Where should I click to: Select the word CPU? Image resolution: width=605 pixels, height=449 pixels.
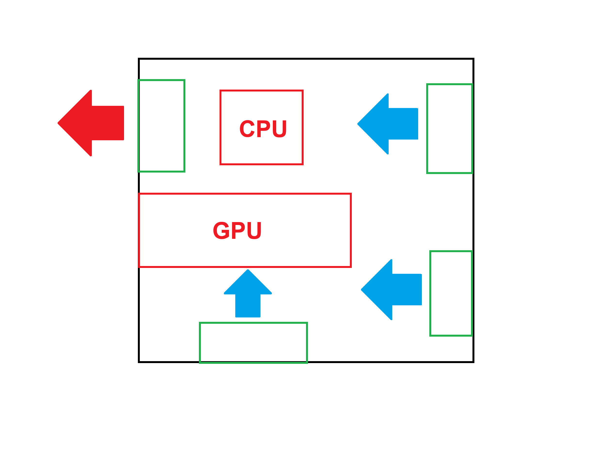coord(263,129)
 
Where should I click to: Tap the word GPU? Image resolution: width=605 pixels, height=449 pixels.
coord(237,231)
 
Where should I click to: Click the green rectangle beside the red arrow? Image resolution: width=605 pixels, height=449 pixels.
coord(161,126)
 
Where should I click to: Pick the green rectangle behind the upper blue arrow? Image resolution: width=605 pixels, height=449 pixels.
coord(449,129)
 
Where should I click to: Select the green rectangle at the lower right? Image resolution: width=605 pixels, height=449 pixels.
coord(451,293)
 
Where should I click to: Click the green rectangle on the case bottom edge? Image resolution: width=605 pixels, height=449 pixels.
coord(253,343)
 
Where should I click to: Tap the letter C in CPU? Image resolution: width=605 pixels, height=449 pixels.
coord(247,129)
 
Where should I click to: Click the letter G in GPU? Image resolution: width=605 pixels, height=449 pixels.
coord(221,231)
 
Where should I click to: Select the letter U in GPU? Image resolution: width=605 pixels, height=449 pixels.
coord(254,231)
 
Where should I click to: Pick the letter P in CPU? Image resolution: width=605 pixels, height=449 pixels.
coord(263,129)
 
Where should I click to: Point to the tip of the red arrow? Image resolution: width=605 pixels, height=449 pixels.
coord(58,123)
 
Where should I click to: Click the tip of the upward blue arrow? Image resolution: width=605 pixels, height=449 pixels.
coord(248,270)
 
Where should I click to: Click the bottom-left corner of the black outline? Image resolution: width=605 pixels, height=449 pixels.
coord(139,362)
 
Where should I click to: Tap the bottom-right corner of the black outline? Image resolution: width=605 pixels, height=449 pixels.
coord(473,362)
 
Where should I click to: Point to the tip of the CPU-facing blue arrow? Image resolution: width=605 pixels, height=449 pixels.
coord(358,124)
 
